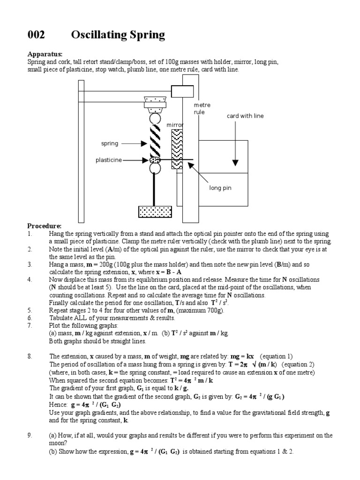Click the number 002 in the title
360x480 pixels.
(38, 35)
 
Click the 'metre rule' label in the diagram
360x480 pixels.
(202, 109)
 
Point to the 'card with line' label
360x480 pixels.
(245, 116)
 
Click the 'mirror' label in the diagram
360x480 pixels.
(174, 125)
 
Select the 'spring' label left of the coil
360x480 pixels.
(110, 143)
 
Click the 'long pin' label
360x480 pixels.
(220, 188)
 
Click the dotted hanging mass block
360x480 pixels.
(155, 212)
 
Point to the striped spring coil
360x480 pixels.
(155, 141)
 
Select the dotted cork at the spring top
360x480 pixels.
(155, 99)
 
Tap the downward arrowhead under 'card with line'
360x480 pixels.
(235, 162)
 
